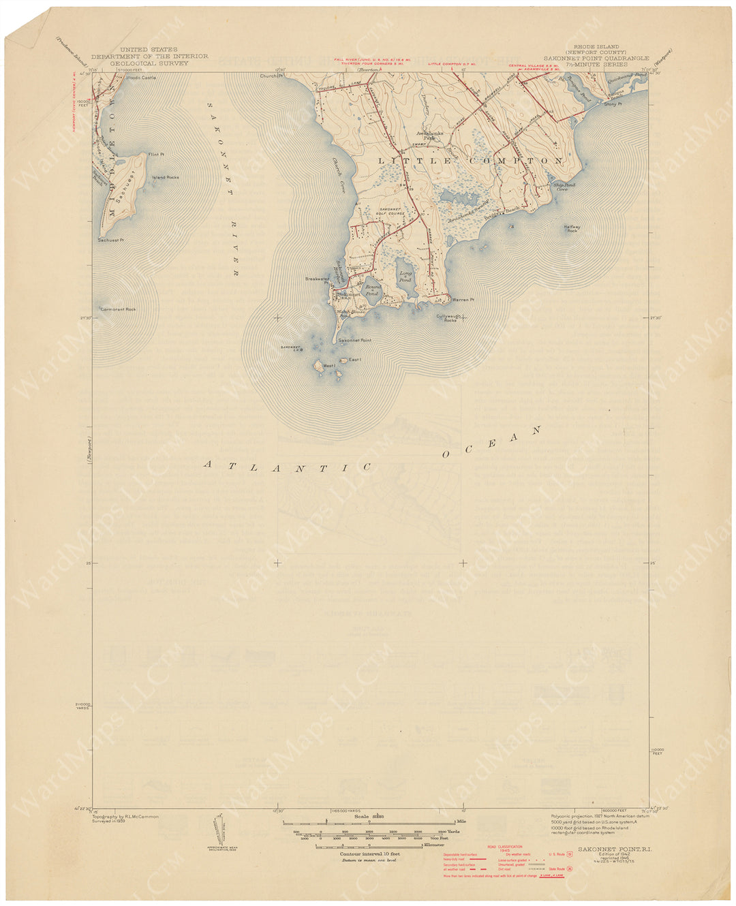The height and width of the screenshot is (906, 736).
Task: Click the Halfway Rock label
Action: coord(572,229)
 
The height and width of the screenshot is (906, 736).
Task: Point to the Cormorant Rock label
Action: coord(118,309)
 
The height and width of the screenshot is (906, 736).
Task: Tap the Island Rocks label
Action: coord(166,177)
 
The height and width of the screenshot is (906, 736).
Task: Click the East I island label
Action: coord(353,360)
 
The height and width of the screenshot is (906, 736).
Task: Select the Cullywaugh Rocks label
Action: coord(446,317)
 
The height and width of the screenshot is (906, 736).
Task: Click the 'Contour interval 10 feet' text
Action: coord(369,853)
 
